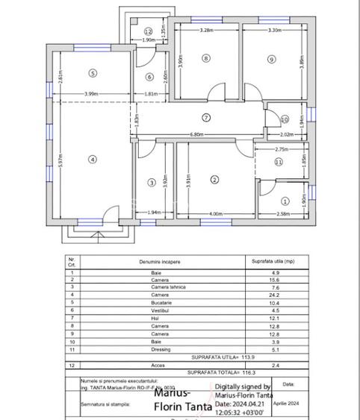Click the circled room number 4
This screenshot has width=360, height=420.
93,158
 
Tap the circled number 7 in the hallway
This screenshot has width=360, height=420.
206,117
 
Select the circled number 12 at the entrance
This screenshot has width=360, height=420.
149,31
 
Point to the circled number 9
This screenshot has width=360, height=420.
271,59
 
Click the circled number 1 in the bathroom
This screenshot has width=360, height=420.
285,200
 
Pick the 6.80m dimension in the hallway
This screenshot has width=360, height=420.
196,135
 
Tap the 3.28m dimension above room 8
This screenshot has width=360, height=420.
207,31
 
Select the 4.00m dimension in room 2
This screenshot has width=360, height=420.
217,215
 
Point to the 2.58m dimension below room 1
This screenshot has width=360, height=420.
284,215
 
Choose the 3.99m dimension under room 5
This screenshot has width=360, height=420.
91,93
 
